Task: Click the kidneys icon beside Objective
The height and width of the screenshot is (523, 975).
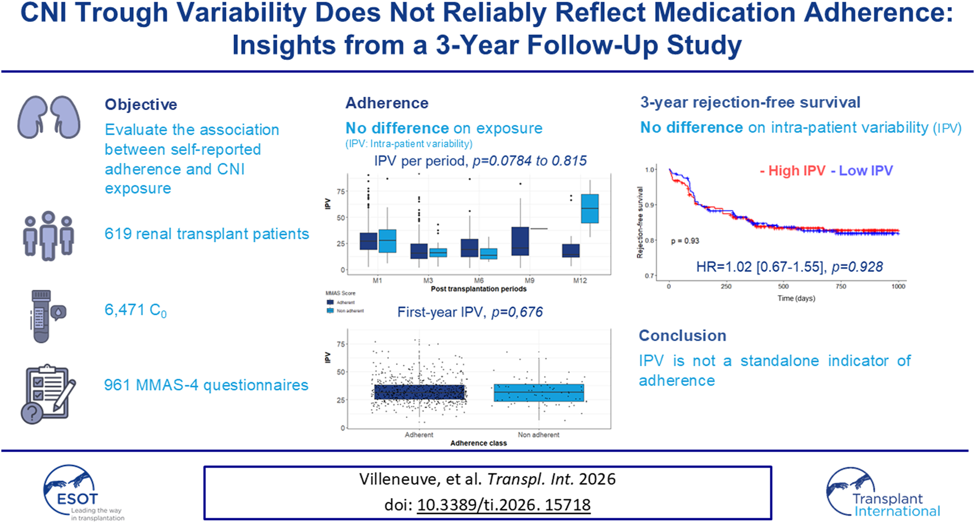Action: coord(49,117)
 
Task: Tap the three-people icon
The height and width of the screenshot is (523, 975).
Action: coord(48,236)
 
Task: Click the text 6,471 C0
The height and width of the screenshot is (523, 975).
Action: coord(135,310)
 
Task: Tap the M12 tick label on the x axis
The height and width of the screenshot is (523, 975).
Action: coord(579,281)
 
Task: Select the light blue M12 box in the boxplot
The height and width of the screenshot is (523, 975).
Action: coord(590,209)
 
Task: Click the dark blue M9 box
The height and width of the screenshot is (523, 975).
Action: coord(520,241)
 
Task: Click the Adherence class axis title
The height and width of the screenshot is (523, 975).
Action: coord(478,443)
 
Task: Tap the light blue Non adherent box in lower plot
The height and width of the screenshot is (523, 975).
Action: coord(539,393)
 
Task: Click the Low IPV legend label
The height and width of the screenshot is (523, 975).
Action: coord(862,171)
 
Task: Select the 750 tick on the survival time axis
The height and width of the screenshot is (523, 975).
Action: coord(841,286)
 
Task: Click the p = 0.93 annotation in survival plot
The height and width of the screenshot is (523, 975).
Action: coord(685,241)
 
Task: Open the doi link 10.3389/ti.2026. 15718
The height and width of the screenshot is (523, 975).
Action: coord(503,505)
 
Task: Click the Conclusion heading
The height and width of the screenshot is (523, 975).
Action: coord(682,336)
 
